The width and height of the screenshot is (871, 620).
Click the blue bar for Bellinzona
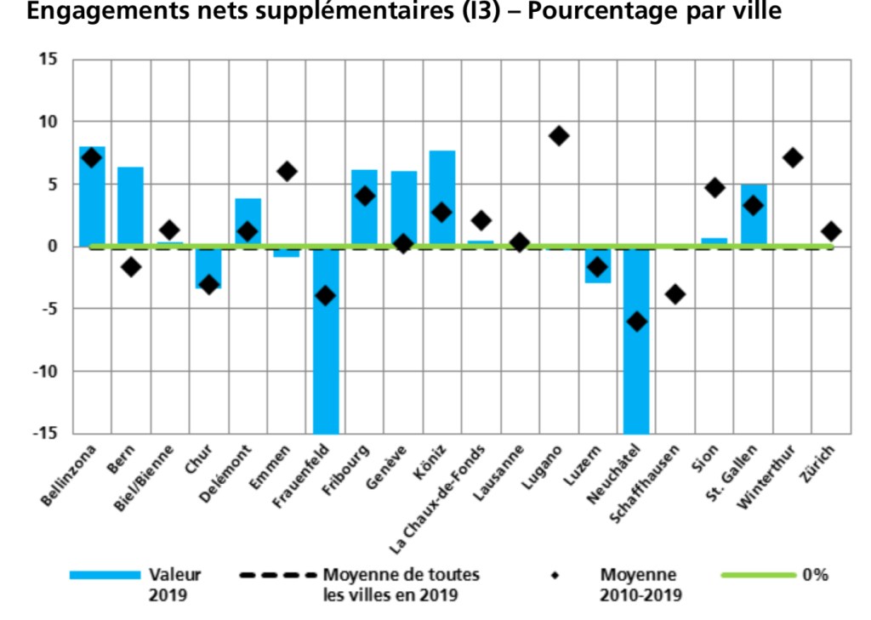coord(92,196)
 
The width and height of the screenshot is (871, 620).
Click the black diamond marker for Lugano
coord(559,136)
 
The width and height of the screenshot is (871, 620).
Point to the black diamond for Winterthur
coord(793,157)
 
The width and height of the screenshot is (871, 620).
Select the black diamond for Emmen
coord(287,171)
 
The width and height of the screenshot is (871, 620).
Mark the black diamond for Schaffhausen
coord(676,294)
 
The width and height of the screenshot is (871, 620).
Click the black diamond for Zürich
coord(831,231)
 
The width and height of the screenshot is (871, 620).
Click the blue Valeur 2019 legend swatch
coord(105,576)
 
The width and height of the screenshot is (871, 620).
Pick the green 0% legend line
coord(758,576)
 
